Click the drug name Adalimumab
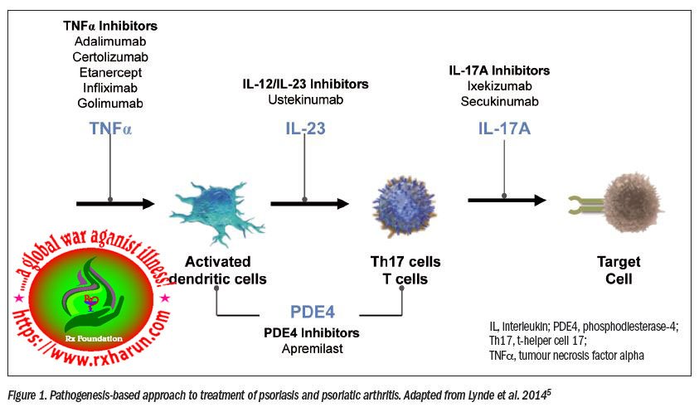click(x=109, y=41)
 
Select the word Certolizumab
click(x=109, y=57)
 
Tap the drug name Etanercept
click(x=109, y=72)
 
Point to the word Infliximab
click(x=109, y=88)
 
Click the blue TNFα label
click(x=110, y=128)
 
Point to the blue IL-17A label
click(x=505, y=128)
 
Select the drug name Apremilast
click(x=312, y=348)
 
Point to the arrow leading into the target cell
click(x=506, y=200)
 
